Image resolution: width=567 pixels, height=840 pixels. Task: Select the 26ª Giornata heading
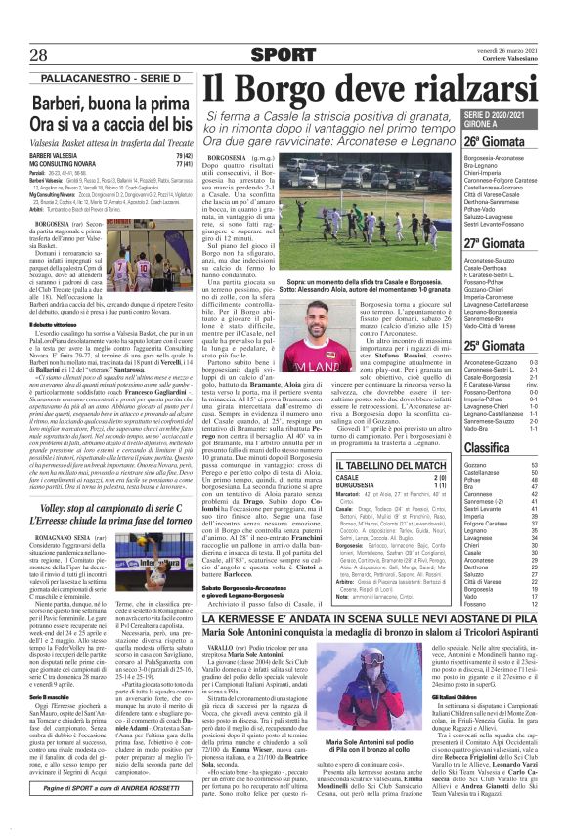[516, 140]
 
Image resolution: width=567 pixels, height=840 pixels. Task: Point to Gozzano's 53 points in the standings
[543, 466]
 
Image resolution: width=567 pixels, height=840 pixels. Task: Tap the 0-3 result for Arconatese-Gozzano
[544, 363]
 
